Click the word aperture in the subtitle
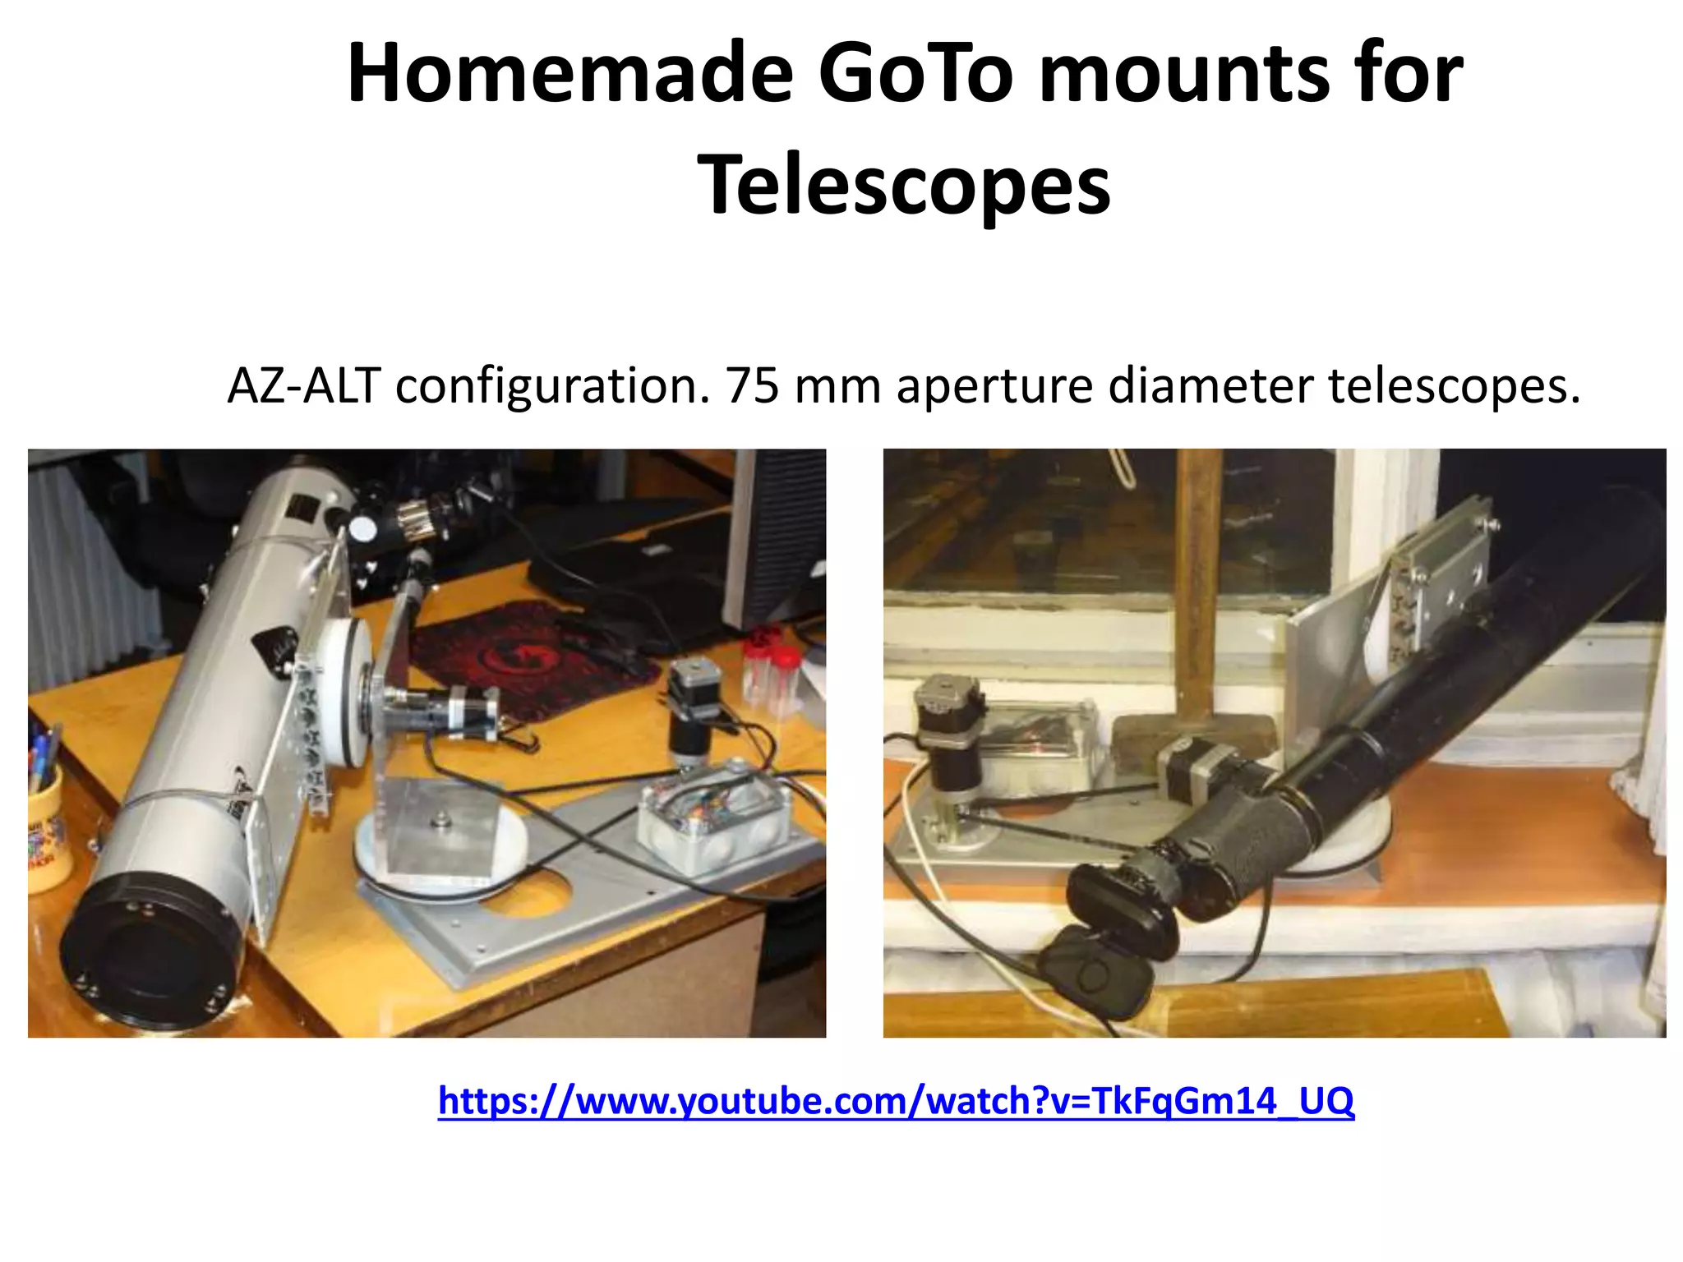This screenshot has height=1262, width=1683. [994, 386]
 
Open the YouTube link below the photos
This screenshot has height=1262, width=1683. [896, 1100]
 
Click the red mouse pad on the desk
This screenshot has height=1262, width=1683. [526, 657]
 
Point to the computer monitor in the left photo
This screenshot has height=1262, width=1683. [777, 534]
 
